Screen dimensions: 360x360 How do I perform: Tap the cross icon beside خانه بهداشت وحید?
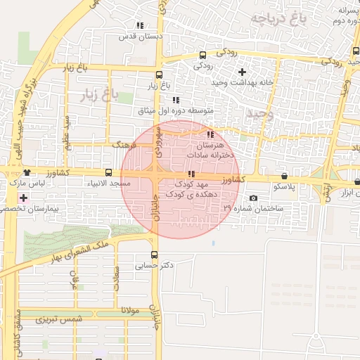[x=243, y=72]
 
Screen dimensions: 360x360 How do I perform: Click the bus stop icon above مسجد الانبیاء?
[x=108, y=172]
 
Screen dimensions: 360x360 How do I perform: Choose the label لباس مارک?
[x=26, y=184]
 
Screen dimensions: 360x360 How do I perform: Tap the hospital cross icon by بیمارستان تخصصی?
[x=25, y=198]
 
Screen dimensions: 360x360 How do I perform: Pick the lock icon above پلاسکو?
[x=284, y=176]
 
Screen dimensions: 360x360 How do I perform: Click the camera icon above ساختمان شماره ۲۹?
[x=253, y=198]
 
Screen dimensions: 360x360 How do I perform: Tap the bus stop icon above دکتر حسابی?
[x=154, y=255]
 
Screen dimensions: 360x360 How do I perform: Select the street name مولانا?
[x=131, y=309]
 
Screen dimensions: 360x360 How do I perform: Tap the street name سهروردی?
[x=161, y=141]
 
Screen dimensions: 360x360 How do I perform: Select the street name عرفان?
[x=72, y=281]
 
